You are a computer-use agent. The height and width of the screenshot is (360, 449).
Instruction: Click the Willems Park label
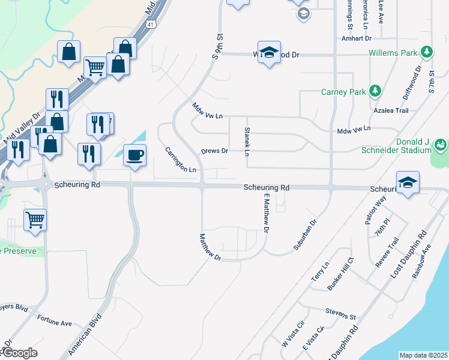click(393, 53)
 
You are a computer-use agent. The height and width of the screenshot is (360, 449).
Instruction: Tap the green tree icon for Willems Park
click(427, 52)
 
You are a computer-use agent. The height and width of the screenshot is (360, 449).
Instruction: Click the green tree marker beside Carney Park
click(375, 91)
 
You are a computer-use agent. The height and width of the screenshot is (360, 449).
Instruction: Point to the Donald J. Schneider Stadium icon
click(441, 145)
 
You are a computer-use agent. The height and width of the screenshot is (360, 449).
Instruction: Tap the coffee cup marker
click(134, 155)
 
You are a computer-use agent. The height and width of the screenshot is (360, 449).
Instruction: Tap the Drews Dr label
click(214, 151)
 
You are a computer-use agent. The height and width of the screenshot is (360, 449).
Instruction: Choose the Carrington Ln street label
click(181, 160)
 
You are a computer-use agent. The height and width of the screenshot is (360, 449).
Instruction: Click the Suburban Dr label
click(304, 230)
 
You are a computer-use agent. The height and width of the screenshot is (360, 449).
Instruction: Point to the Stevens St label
click(341, 313)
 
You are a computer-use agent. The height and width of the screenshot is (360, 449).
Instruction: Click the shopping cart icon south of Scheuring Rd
click(35, 220)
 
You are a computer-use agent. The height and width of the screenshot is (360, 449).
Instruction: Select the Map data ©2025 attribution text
click(423, 355)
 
